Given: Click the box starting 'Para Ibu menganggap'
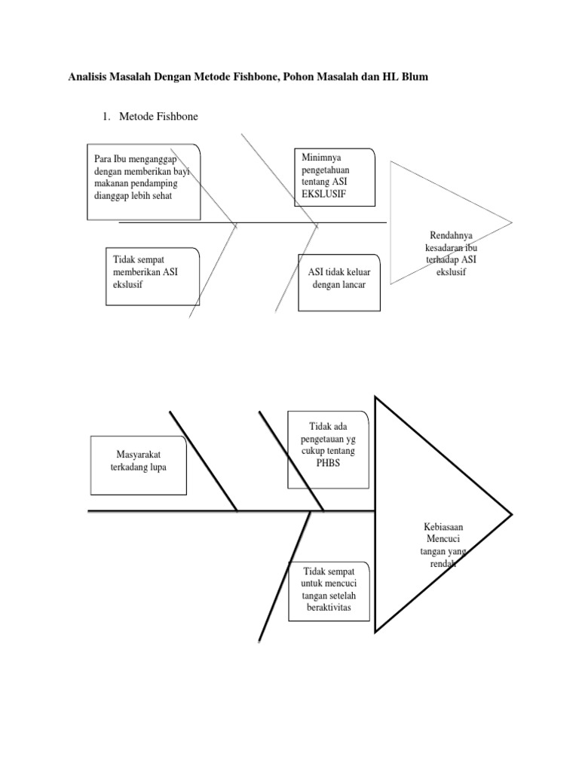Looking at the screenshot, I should click(142, 181).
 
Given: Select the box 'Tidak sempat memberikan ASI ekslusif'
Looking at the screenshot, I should click(152, 276).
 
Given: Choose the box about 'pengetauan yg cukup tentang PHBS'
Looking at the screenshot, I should click(328, 449).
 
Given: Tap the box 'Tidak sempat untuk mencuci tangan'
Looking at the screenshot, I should click(329, 590).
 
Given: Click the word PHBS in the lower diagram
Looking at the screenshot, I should click(329, 463).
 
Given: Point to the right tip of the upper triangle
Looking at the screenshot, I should click(512, 222).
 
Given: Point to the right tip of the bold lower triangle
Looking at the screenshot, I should click(512, 515).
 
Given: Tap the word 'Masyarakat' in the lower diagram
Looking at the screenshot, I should click(139, 455).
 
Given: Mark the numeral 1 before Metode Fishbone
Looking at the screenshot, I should click(105, 116).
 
